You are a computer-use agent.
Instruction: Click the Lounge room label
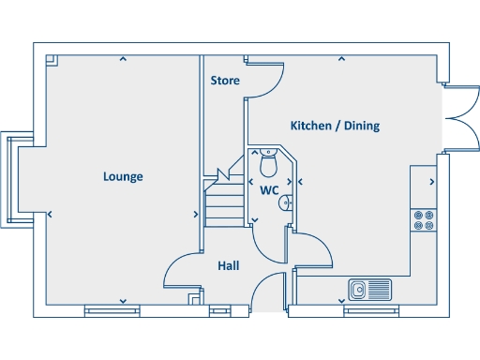pos(123,176)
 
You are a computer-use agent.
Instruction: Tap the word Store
pos(224,81)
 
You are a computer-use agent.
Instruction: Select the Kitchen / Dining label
pos(335,126)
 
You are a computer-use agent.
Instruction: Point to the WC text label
pos(270,189)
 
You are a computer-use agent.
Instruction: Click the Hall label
pos(228,266)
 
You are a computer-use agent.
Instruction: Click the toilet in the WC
pos(268,164)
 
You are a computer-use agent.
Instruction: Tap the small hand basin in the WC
pos(287,201)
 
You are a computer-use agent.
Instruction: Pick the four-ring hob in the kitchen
pos(423,219)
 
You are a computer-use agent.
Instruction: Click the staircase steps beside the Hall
pos(221,202)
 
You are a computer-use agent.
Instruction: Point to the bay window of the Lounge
pos(16,177)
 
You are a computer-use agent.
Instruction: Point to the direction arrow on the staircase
pos(224,175)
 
